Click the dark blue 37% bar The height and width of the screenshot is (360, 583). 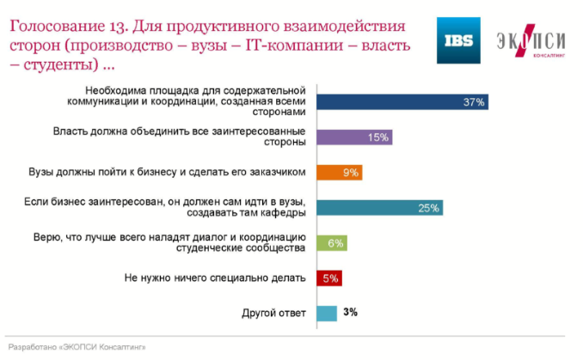(x=402, y=101)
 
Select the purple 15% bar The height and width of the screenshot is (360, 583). (x=354, y=137)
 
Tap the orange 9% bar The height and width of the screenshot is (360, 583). (x=340, y=173)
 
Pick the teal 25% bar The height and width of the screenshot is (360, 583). (x=379, y=208)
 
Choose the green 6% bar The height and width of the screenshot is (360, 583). (x=332, y=243)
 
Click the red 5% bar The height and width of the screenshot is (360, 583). (x=329, y=278)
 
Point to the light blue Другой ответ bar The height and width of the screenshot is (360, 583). (x=327, y=314)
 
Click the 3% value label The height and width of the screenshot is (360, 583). (x=350, y=312)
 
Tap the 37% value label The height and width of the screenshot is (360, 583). (x=474, y=102)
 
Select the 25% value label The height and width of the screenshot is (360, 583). (x=429, y=208)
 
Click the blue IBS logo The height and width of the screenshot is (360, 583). (x=458, y=40)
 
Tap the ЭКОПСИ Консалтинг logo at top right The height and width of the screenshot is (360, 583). (x=531, y=41)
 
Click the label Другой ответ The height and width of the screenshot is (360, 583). (x=273, y=314)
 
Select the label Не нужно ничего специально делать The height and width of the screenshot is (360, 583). (x=215, y=278)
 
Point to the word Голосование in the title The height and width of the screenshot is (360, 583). (x=58, y=27)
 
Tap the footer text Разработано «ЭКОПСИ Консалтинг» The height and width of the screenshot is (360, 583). (x=77, y=347)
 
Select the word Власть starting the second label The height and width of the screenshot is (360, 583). (x=70, y=131)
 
